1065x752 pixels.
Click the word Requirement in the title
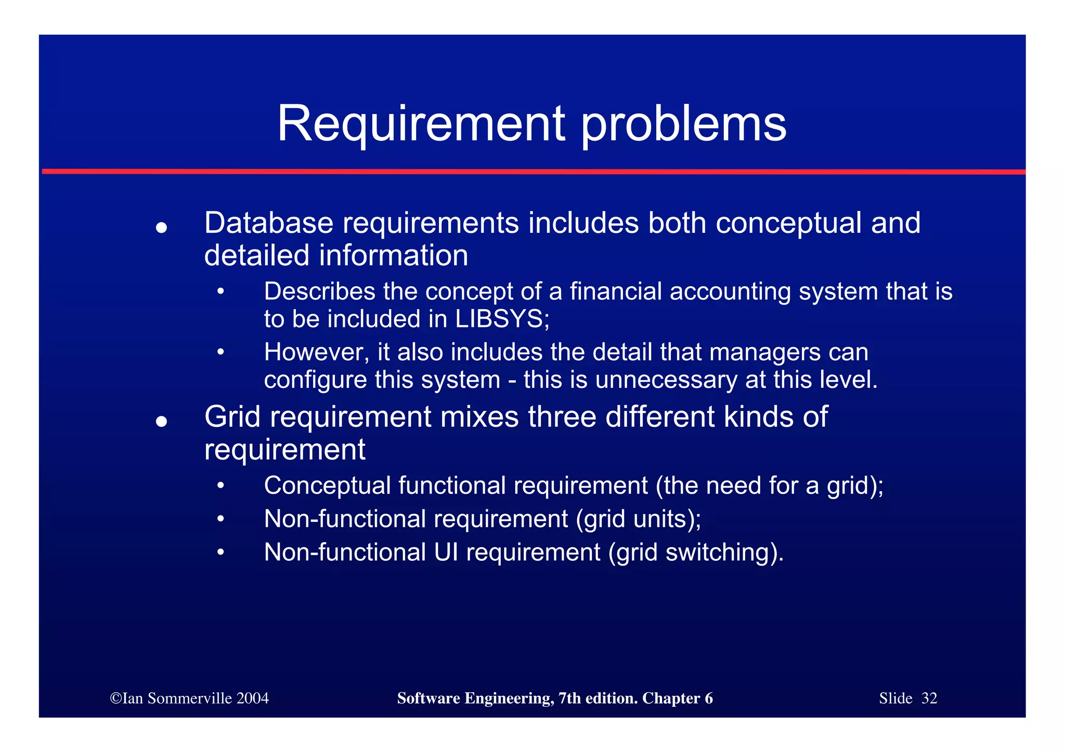(x=421, y=124)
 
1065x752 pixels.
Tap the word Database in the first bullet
(x=268, y=223)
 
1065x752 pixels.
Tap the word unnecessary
(x=666, y=380)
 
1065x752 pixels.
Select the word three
(x=562, y=417)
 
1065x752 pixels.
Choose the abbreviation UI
(x=446, y=552)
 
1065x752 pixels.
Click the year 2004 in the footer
(x=252, y=698)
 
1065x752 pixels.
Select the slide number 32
(x=929, y=698)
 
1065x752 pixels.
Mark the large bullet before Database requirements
(x=161, y=228)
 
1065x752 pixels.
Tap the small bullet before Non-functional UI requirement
(x=220, y=552)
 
